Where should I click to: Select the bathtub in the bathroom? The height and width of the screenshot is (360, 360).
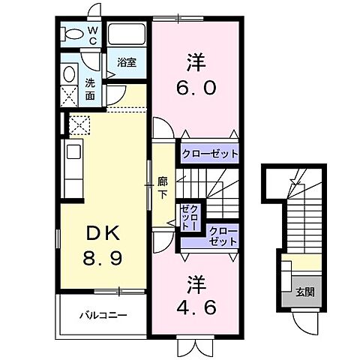128,34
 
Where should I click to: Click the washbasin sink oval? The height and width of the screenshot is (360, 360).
70,74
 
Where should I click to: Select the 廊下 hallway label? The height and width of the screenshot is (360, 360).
162,186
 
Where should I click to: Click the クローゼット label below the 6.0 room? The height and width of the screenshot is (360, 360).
209,154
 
